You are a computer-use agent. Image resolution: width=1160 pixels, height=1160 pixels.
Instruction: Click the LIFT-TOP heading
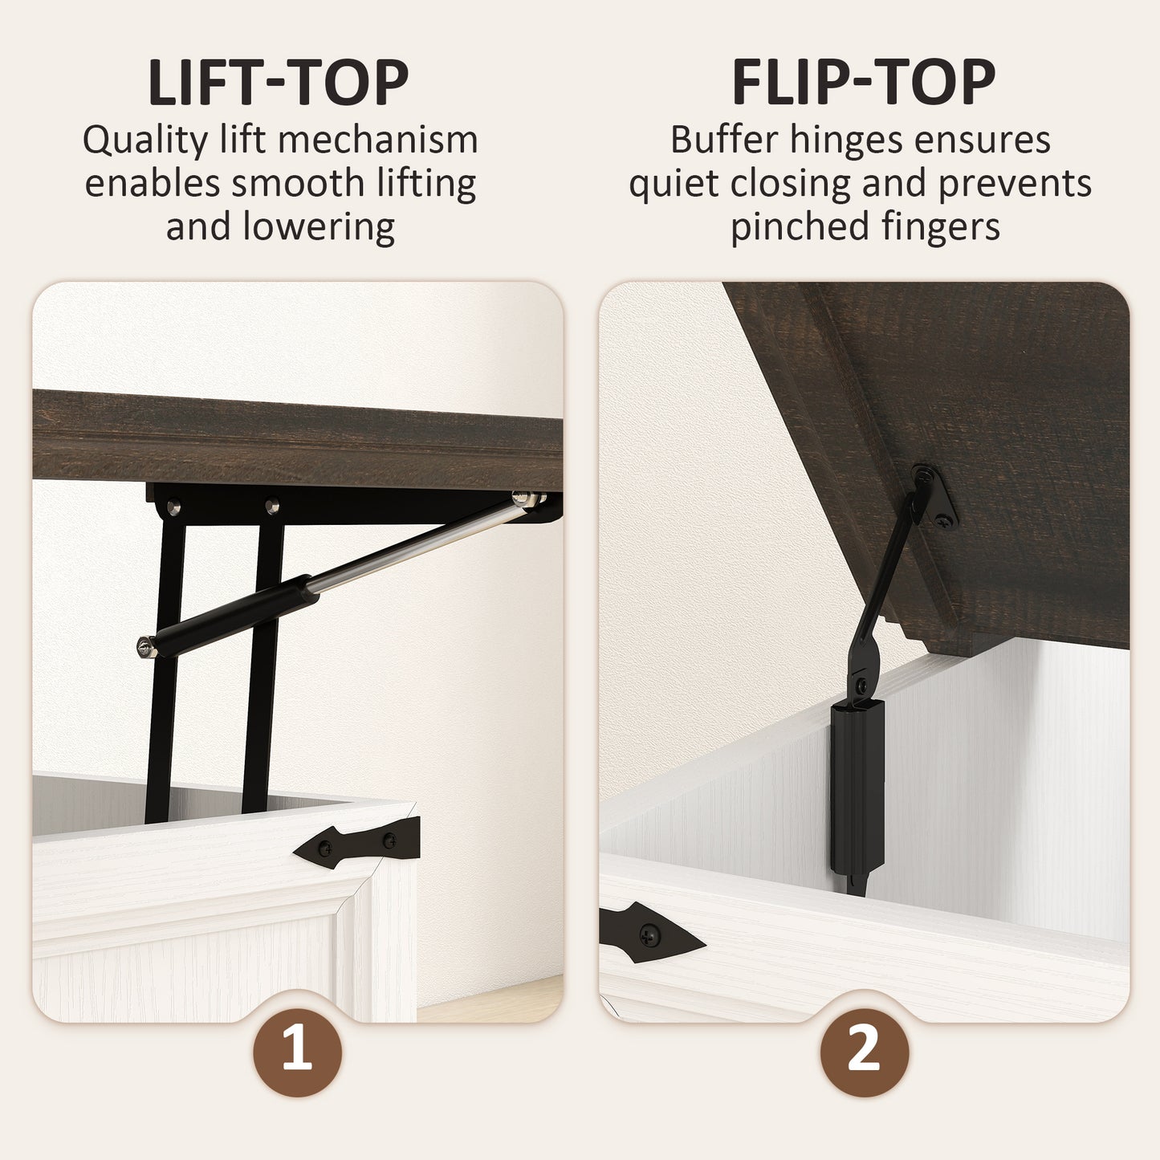click(278, 83)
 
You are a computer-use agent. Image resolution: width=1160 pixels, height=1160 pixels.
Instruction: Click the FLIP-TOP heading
click(863, 83)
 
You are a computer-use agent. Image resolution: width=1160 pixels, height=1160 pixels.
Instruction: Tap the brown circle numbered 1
click(297, 1053)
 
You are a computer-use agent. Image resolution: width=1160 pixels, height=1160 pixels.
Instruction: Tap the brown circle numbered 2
click(865, 1053)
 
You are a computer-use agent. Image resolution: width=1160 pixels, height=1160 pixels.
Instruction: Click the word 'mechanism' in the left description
click(378, 140)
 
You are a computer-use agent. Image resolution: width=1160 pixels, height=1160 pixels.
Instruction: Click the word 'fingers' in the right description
click(940, 227)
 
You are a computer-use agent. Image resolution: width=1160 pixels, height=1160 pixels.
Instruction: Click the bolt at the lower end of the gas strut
click(146, 647)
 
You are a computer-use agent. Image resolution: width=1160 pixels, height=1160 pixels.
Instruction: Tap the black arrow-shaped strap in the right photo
click(650, 934)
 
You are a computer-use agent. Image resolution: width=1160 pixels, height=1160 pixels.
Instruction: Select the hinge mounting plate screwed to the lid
click(934, 497)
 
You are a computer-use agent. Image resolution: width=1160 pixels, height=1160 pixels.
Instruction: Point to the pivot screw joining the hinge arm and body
click(861, 685)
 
